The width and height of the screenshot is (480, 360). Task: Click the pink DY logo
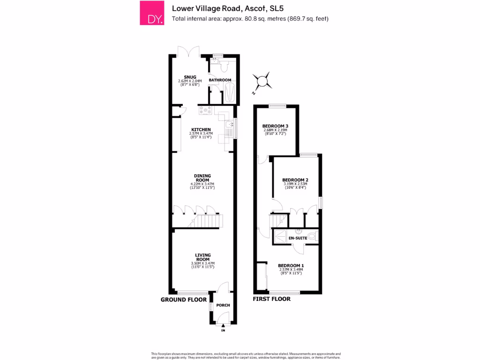(x=152, y=13)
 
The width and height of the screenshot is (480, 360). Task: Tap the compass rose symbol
(x=263, y=82)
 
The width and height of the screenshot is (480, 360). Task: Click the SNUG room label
(x=190, y=77)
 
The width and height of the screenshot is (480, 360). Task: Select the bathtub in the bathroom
(x=229, y=92)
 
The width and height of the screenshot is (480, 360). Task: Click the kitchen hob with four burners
(x=205, y=111)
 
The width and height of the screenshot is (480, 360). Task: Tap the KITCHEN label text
(x=201, y=129)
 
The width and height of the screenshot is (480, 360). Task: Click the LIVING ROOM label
(x=202, y=257)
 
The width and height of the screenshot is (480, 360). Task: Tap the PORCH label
(x=223, y=306)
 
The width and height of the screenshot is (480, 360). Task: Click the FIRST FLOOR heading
(x=271, y=299)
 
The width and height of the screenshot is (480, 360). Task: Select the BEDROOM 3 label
(x=275, y=126)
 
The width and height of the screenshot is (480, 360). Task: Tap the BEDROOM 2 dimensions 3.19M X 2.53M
(x=295, y=184)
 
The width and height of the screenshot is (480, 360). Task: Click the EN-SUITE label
(x=298, y=239)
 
